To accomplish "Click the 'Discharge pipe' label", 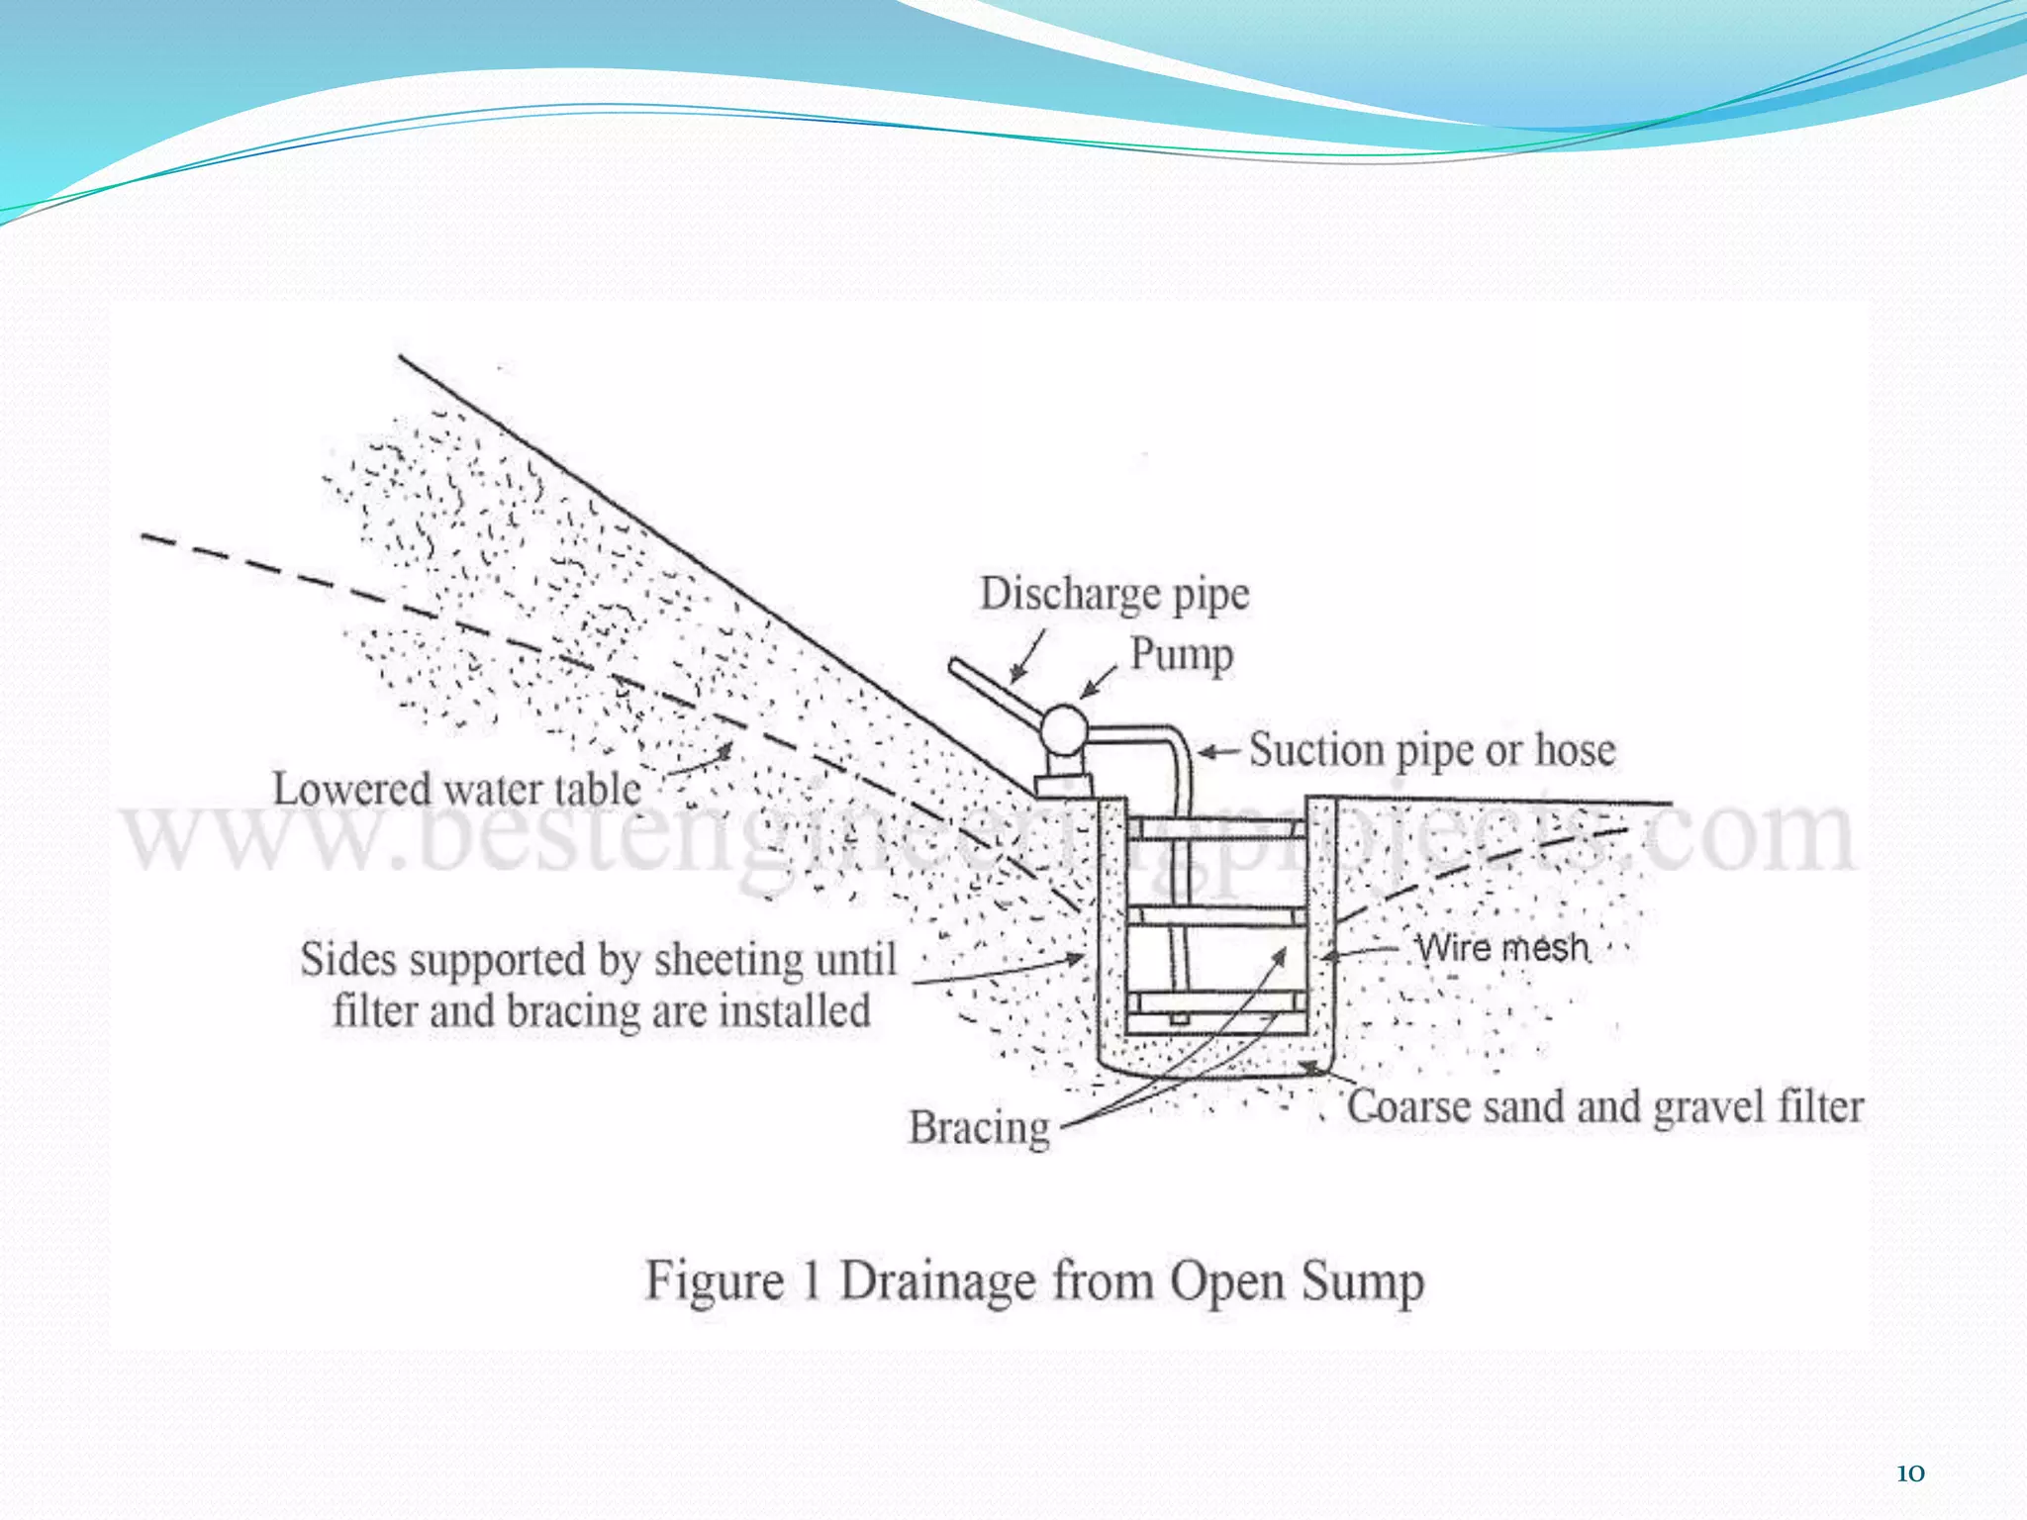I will click(x=1114, y=595).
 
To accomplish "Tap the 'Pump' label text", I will click(x=1182, y=655).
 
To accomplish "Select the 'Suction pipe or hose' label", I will click(x=1431, y=750).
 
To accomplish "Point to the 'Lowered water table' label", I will click(x=456, y=790).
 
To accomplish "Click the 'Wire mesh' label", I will click(x=1501, y=948).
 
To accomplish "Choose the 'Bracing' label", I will click(x=979, y=1128).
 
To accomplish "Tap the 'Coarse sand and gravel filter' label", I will click(x=1604, y=1106).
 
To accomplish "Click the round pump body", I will click(x=1063, y=732).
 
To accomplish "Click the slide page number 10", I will click(x=1910, y=1473).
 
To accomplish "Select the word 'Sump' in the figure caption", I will click(x=1363, y=1282).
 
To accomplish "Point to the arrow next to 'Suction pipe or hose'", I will click(x=1218, y=752).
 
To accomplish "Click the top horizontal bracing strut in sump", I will click(x=1216, y=828).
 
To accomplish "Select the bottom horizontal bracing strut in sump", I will click(x=1216, y=1001).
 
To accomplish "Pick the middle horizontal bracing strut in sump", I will click(x=1216, y=915).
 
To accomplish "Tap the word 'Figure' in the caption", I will click(x=714, y=1282).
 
